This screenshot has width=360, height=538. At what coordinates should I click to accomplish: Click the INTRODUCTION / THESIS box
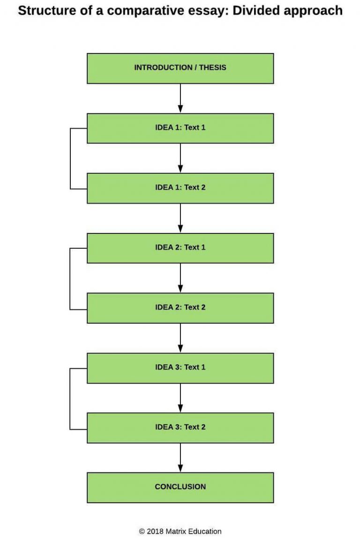(x=180, y=68)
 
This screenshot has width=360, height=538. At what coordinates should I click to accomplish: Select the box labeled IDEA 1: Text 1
(x=180, y=128)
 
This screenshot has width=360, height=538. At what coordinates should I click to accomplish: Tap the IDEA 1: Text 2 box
(x=180, y=188)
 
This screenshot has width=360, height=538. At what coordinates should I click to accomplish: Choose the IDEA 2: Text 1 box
(x=180, y=248)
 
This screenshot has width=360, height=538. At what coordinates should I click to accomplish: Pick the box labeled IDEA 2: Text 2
(x=180, y=308)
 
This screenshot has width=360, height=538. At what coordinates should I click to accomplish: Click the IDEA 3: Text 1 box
(x=180, y=368)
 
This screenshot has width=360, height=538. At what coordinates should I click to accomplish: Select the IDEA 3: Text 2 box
(x=180, y=427)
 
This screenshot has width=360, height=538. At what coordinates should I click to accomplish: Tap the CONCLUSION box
(x=180, y=487)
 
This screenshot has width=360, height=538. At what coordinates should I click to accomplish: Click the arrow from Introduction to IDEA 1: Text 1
(x=180, y=98)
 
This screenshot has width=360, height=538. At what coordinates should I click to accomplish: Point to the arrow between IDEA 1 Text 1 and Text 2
(x=180, y=158)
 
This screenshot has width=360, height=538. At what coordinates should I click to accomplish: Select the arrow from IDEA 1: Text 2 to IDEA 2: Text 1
(x=180, y=218)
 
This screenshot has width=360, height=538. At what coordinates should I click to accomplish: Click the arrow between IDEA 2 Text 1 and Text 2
(x=180, y=278)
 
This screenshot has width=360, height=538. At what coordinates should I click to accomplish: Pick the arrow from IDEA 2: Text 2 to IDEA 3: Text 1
(x=180, y=338)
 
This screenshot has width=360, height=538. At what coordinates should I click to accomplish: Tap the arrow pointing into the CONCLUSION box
(x=180, y=458)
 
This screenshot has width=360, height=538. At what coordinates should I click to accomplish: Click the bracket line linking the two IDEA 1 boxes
(x=70, y=158)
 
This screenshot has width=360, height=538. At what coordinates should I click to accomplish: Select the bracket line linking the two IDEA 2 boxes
(x=70, y=278)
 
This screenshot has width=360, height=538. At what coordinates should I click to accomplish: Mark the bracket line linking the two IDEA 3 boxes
(x=70, y=398)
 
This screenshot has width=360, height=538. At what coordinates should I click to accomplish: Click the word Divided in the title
(x=253, y=10)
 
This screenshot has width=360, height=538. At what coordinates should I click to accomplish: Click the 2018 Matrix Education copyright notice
(x=180, y=531)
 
